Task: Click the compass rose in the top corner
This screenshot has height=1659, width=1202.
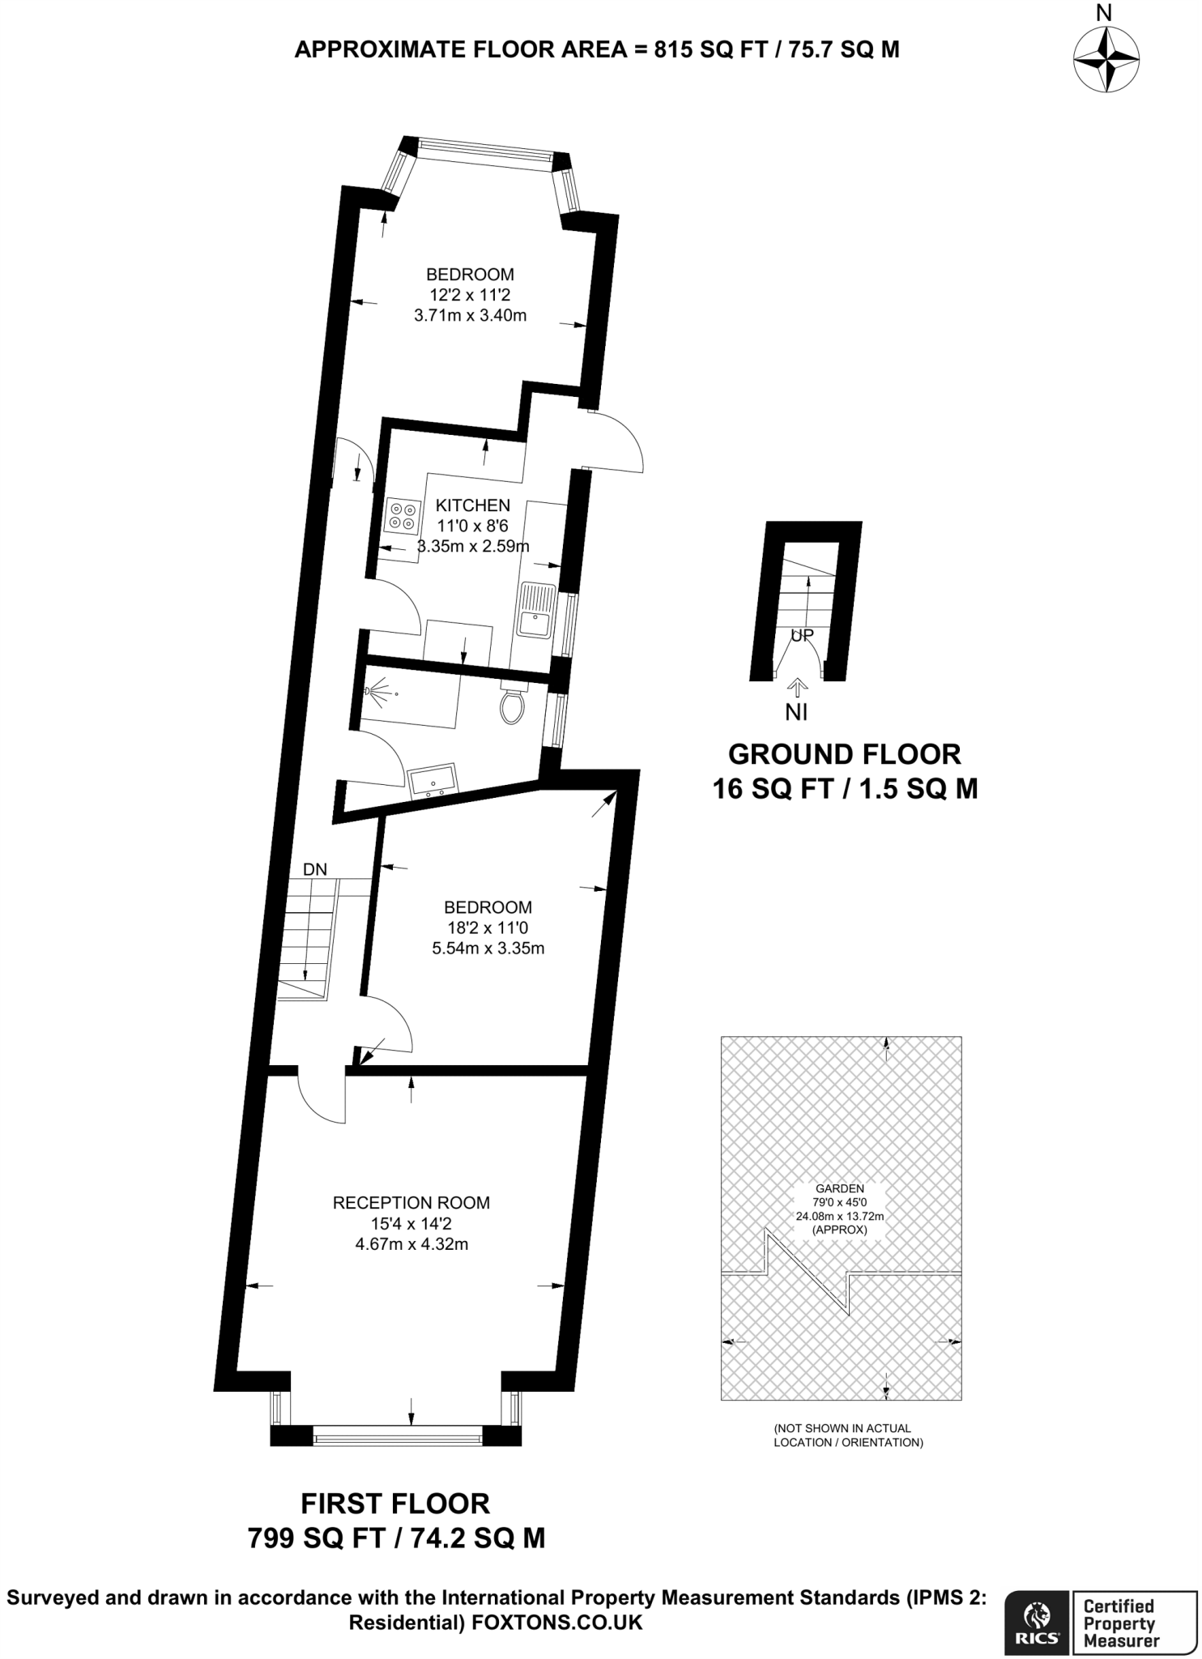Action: (x=1106, y=60)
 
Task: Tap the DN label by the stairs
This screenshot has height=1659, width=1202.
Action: (x=315, y=869)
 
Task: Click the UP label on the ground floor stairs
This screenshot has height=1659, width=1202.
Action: (x=801, y=636)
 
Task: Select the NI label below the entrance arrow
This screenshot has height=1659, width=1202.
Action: (x=796, y=713)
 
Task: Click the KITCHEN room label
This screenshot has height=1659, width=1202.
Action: (x=473, y=505)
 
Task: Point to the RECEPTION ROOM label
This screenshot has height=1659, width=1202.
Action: (x=411, y=1203)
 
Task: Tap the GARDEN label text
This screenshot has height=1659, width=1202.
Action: (x=839, y=1188)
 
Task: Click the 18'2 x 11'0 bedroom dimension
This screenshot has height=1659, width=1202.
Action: (x=488, y=928)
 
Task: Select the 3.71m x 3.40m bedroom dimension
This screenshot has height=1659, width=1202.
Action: (x=470, y=315)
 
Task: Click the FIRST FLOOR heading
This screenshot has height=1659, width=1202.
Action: (x=395, y=1504)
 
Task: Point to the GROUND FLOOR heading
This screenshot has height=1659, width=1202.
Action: (x=844, y=754)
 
